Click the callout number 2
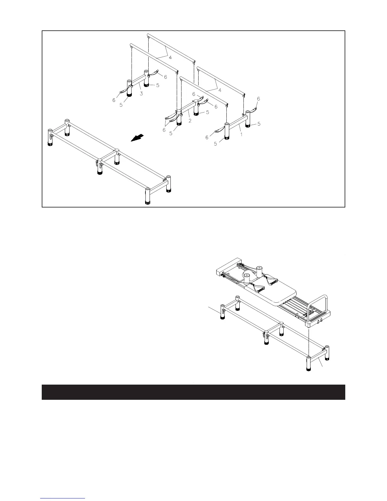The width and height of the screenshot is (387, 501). click(190, 121)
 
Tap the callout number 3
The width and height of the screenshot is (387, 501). click(141, 93)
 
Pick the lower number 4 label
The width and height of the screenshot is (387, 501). click(220, 90)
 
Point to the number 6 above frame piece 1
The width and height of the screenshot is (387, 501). click(258, 99)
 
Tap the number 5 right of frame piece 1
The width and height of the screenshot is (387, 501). click(259, 124)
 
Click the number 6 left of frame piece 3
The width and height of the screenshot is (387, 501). click(114, 100)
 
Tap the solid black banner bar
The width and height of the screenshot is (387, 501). click(193, 392)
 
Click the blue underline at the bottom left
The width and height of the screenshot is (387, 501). click(63, 499)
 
